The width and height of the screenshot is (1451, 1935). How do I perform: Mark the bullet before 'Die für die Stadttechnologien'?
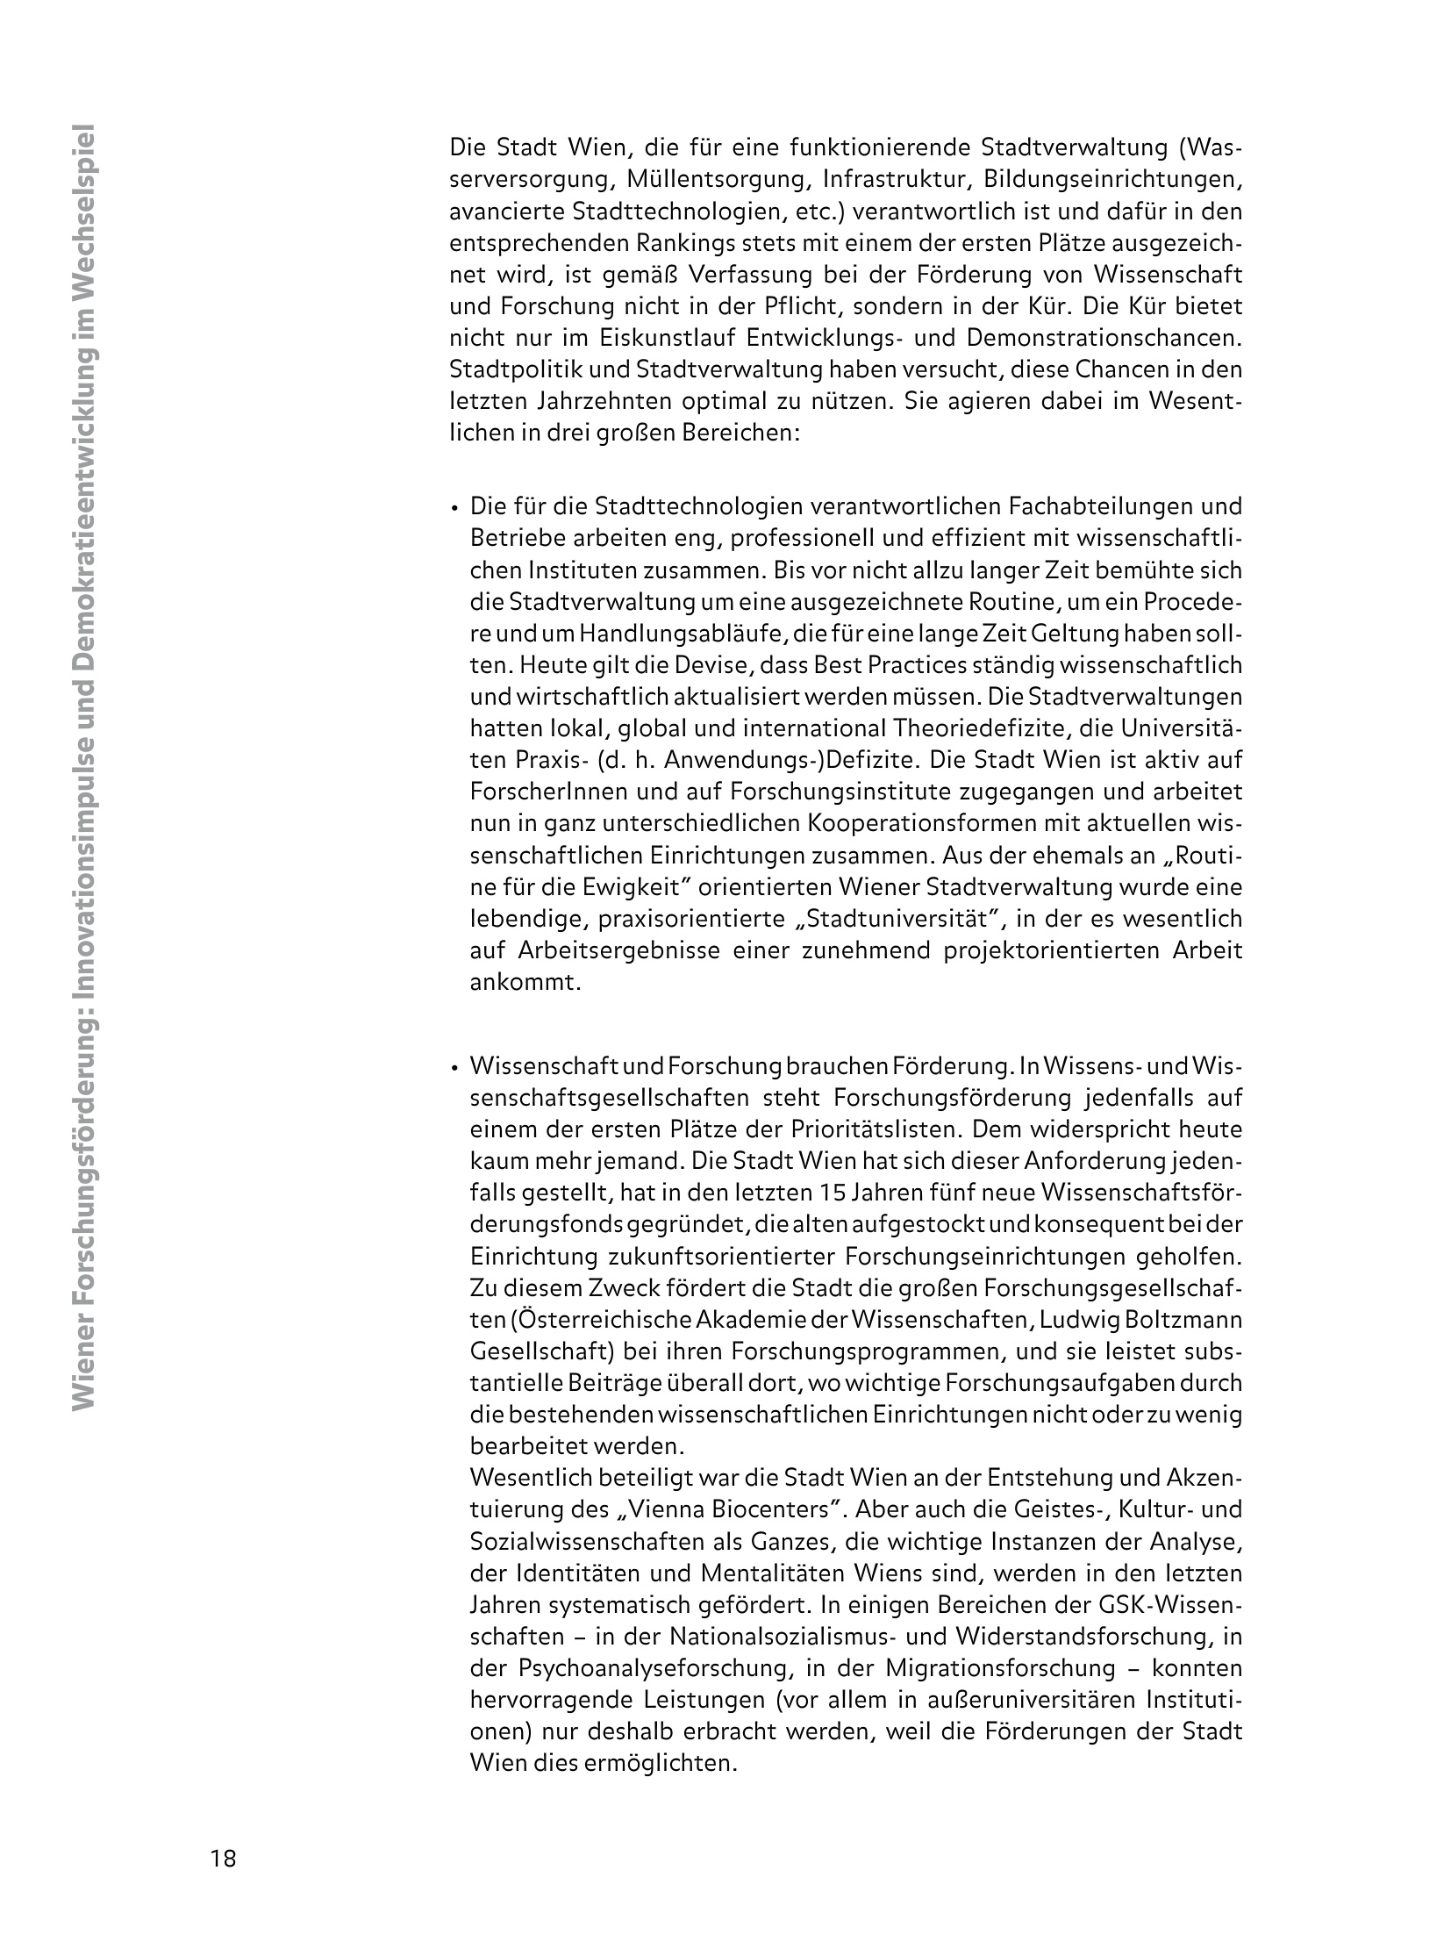pos(455,508)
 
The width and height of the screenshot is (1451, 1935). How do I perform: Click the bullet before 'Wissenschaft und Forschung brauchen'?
pos(455,1068)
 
